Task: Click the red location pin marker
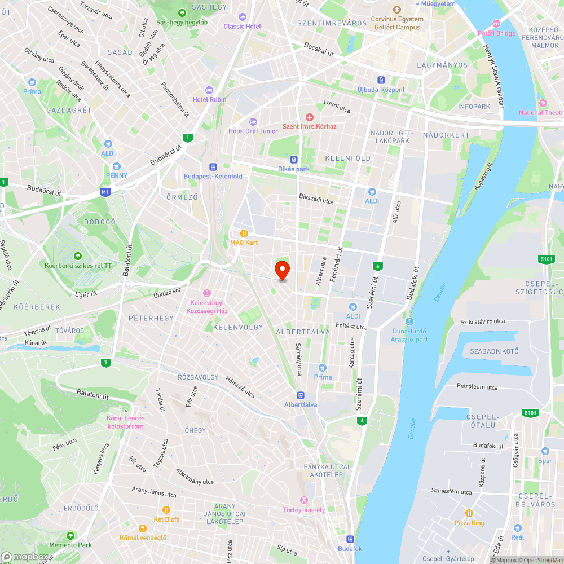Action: coord(281,270)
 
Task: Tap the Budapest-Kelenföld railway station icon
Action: coord(213,167)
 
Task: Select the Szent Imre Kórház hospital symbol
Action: coord(309,117)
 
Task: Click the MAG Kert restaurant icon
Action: coord(244,233)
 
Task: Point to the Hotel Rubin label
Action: coord(209,99)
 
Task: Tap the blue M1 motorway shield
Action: coord(105,192)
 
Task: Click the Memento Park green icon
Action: coord(70,535)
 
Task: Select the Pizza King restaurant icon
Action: coord(469,513)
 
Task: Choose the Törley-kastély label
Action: coord(304,510)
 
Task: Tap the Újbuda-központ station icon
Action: coord(381,80)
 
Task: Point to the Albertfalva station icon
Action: coord(301,395)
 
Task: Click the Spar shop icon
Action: coord(545,451)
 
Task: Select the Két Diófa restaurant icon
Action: coord(166,509)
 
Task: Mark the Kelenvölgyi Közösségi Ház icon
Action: coord(207,293)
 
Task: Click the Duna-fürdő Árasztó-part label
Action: coord(409,335)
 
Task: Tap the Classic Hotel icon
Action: coord(243,16)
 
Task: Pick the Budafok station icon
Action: coord(350,539)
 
